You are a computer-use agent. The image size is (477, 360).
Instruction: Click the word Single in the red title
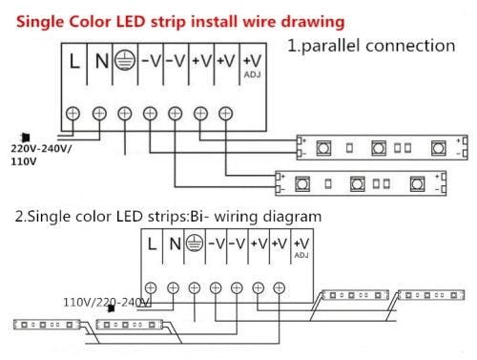pos(37,19)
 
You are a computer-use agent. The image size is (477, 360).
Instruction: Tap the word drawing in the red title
pos(309,19)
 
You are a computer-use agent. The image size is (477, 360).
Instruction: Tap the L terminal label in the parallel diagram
pos(74,63)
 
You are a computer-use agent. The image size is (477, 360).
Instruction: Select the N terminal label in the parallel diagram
pos(100,63)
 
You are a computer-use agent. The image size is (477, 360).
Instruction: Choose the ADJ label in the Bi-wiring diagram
pos(301,256)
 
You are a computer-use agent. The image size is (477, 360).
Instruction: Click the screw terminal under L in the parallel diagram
pos(74,114)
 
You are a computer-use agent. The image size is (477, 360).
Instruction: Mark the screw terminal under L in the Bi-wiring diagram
pos(152,287)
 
